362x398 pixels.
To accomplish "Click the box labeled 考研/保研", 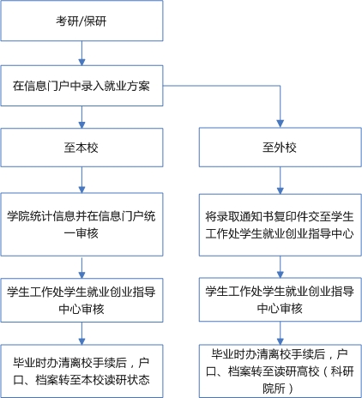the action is click(x=81, y=21).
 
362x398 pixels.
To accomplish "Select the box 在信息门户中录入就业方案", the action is click(x=81, y=86).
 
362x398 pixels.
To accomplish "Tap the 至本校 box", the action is click(x=81, y=148).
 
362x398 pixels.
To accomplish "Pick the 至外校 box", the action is click(x=281, y=148).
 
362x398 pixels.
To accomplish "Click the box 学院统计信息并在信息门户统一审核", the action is click(x=81, y=225).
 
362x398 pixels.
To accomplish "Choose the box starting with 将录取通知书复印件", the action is click(x=281, y=225).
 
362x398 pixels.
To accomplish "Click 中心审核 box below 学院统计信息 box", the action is click(x=81, y=300).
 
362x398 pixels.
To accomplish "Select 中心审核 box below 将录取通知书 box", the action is click(x=281, y=299).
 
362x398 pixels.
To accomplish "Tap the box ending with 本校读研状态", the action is click(x=81, y=371).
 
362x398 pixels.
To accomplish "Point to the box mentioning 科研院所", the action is click(x=281, y=371).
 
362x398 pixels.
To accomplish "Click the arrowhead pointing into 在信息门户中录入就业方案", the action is click(x=81, y=62).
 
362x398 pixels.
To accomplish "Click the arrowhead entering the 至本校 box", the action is click(x=81, y=124).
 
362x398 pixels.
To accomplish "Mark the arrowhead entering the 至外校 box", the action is click(x=281, y=124).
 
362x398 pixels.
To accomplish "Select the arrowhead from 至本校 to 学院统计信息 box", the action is click(x=81, y=190).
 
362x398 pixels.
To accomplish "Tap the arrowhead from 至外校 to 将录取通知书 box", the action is click(x=281, y=190).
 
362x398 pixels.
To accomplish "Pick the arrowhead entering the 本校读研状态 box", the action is click(x=81, y=341).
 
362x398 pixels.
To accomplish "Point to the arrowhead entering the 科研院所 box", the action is click(x=281, y=341).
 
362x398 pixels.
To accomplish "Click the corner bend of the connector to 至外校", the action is click(x=281, y=86).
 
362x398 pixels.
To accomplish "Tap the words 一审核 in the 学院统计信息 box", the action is click(x=81, y=233).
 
